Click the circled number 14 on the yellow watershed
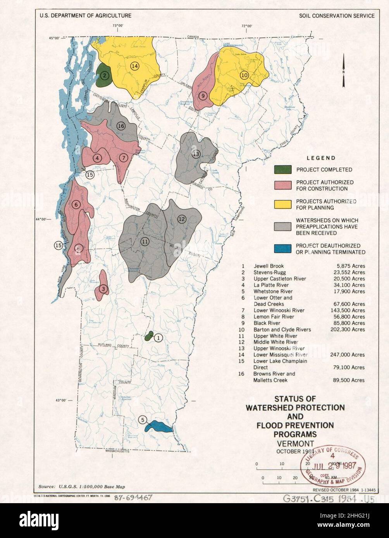(134, 66)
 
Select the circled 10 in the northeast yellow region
(244, 75)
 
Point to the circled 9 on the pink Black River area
(202, 96)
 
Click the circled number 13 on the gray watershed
(196, 154)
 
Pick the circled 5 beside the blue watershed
(143, 420)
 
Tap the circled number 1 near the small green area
(158, 338)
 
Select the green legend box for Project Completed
(282, 170)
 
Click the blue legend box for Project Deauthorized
(282, 248)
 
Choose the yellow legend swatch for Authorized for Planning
(282, 204)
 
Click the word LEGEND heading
(321, 158)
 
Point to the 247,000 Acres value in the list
(347, 355)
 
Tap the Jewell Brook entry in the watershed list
(269, 266)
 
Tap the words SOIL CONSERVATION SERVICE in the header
(337, 16)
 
